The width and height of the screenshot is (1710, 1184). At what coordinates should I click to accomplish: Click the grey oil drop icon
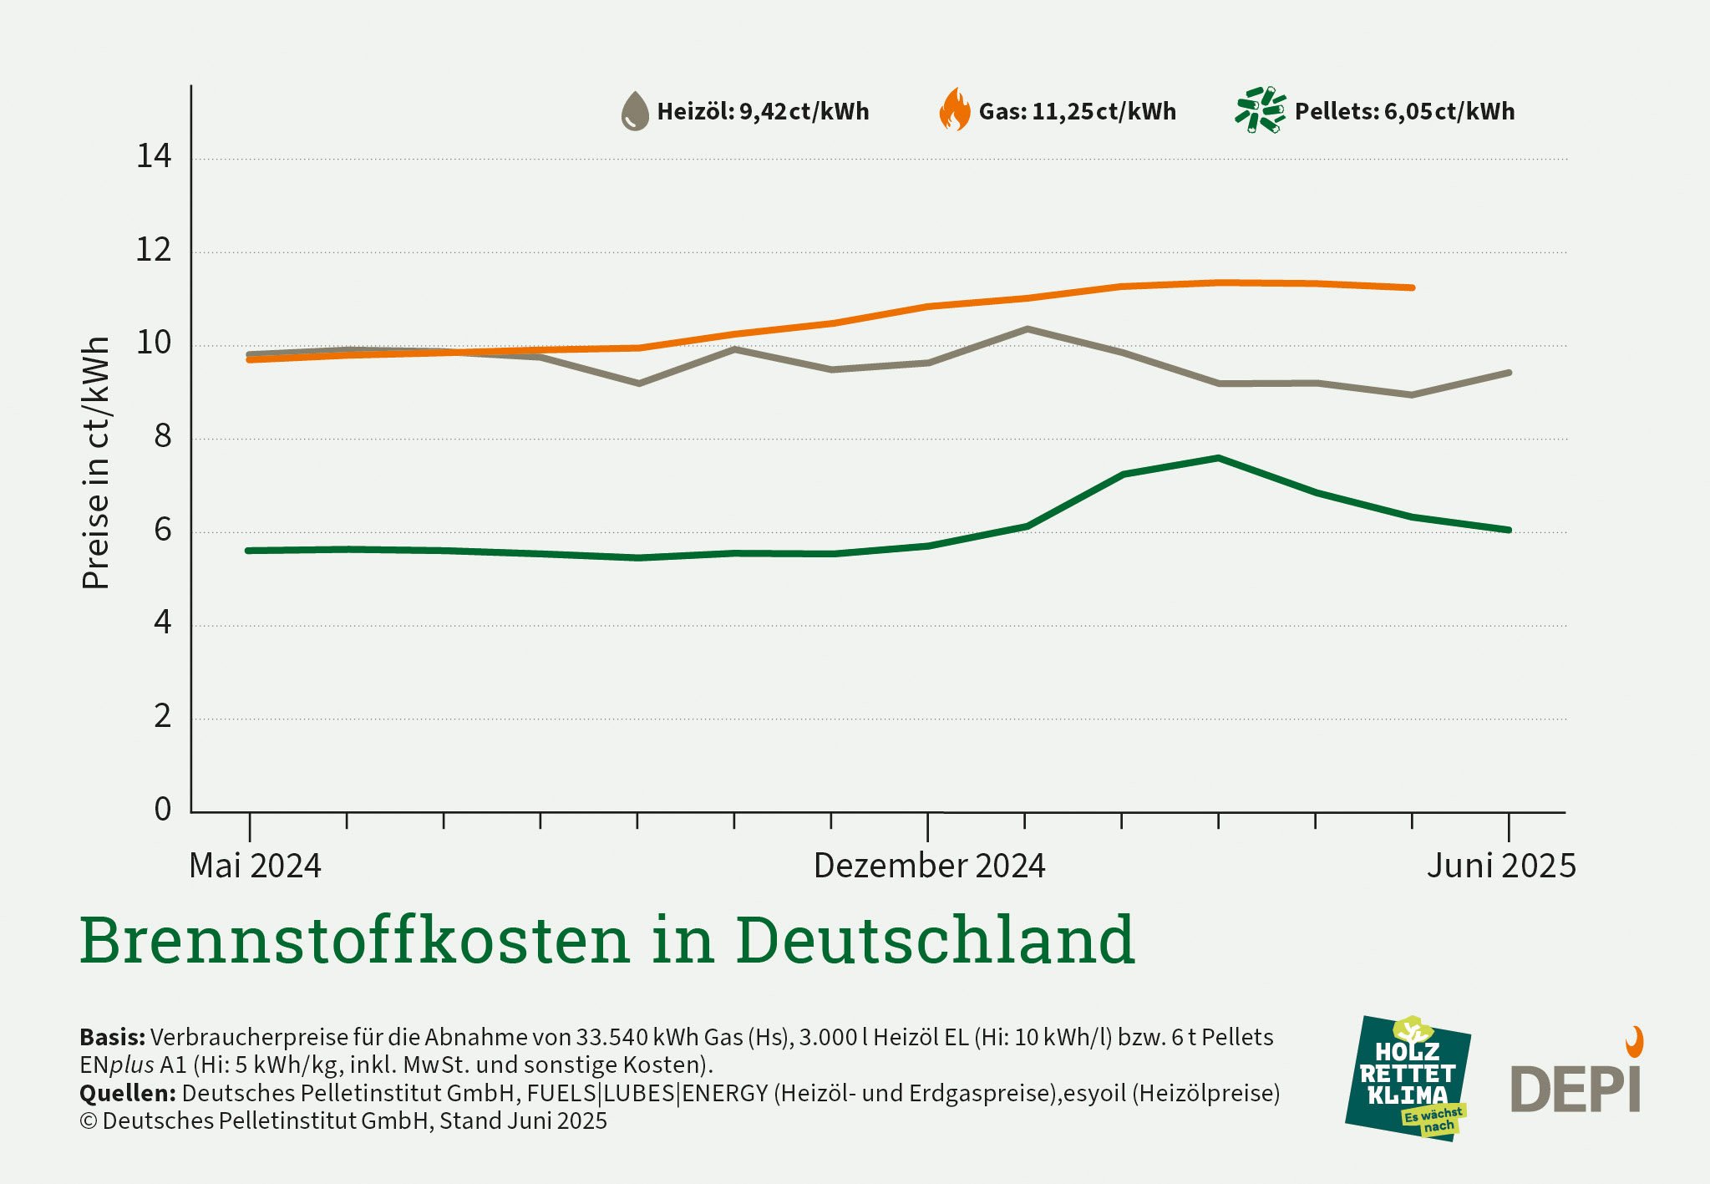(x=635, y=111)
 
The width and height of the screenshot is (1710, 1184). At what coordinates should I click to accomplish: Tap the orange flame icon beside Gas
(x=955, y=110)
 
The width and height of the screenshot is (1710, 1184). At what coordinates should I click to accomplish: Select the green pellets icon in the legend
(x=1260, y=109)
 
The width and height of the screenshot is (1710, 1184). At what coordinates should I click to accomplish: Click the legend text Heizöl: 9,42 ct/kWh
(x=763, y=111)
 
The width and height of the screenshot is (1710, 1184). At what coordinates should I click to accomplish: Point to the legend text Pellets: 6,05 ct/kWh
(x=1404, y=111)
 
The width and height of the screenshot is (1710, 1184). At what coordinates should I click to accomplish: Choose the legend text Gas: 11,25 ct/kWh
(x=1077, y=111)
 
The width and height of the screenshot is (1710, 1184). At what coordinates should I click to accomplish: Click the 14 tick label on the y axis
(x=154, y=156)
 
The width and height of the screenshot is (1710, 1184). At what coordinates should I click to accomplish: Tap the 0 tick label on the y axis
(x=163, y=809)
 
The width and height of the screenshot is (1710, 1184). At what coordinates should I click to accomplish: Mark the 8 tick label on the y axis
(x=163, y=436)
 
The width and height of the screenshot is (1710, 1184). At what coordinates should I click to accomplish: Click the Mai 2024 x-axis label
(x=255, y=866)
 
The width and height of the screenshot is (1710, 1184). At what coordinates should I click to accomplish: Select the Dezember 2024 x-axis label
(x=929, y=866)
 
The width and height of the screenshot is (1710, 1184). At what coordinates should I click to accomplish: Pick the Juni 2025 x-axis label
(x=1501, y=866)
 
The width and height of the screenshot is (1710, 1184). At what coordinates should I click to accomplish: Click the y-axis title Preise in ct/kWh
(x=96, y=463)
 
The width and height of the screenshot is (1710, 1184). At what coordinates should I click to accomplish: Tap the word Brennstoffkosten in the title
(x=354, y=940)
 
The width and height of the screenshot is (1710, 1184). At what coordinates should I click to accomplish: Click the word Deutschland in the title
(x=935, y=940)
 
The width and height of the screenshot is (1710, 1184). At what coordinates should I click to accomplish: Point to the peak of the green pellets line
(x=1218, y=458)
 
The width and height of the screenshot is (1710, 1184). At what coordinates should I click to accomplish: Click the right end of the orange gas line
(x=1412, y=287)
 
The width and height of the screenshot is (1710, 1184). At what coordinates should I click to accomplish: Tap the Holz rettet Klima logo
(x=1408, y=1078)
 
